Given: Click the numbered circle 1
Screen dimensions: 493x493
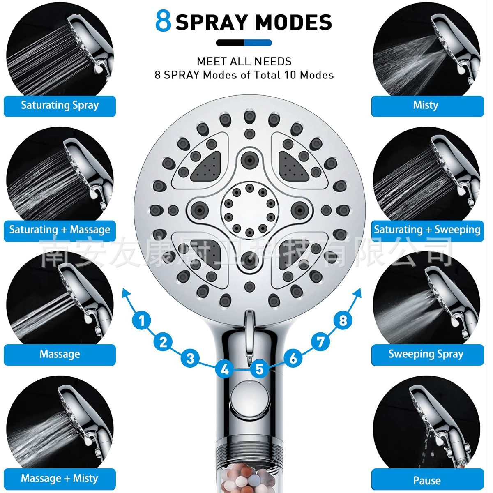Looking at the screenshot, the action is click(142, 320).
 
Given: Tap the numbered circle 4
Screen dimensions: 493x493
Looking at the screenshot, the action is click(225, 369).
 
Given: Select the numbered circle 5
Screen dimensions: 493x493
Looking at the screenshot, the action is click(259, 369).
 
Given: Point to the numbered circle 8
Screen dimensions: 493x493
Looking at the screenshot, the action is click(343, 320).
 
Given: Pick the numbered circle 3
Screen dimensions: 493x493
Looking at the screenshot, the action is click(190, 358).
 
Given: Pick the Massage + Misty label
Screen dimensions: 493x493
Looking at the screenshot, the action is click(60, 479).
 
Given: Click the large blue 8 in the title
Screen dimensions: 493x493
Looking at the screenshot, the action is click(163, 21).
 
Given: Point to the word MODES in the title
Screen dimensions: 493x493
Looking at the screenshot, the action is click(293, 22).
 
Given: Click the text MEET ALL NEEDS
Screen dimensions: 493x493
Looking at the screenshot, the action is click(244, 61).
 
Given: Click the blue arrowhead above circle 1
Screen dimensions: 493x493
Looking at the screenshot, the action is click(126, 294).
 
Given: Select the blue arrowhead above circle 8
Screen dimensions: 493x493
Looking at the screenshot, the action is click(357, 294).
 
